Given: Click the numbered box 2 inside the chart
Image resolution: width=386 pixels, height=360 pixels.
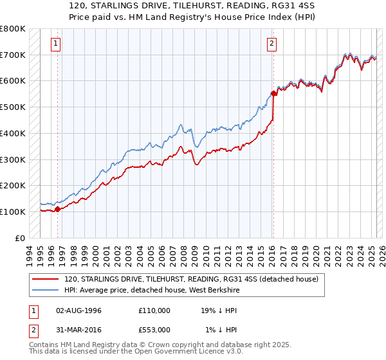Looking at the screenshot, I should tap(272, 44).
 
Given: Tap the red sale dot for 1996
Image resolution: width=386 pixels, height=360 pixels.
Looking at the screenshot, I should tap(57, 209).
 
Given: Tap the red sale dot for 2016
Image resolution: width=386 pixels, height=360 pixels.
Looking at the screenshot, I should tap(273, 93).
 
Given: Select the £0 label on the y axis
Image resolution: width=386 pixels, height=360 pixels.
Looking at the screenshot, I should tap(19, 238).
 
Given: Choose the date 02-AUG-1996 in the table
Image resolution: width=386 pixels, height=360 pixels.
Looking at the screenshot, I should tap(79, 310).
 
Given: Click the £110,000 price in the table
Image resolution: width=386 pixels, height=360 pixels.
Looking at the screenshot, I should tap(154, 310).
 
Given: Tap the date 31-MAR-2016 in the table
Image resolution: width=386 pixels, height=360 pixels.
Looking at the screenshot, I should tap(79, 330).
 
